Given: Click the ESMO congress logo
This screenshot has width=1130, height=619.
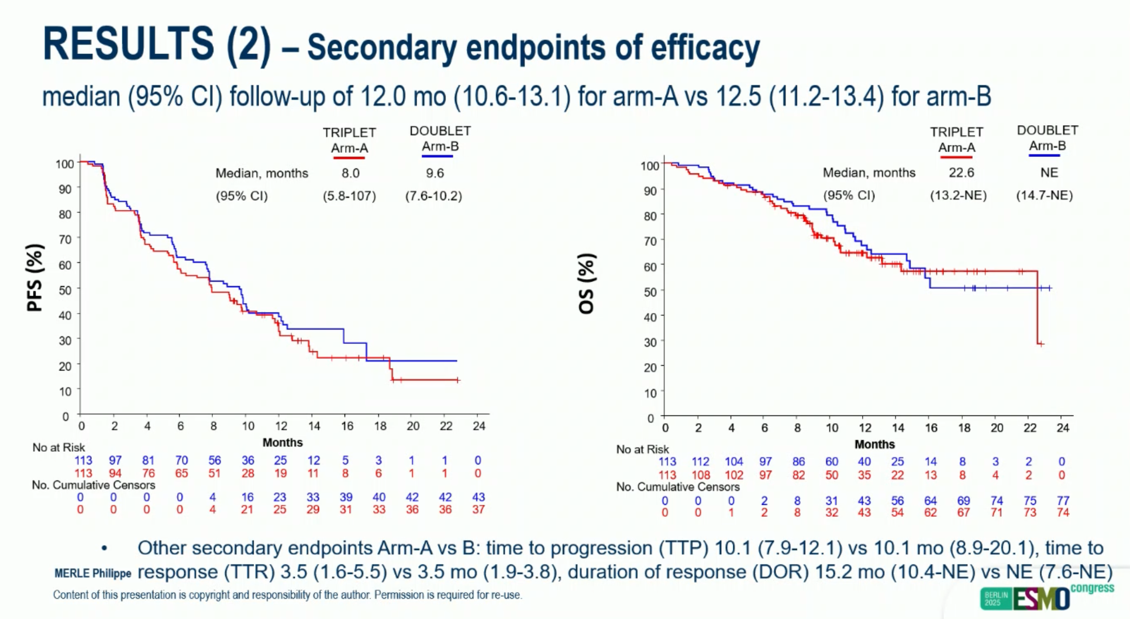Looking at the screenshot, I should (x=1047, y=597).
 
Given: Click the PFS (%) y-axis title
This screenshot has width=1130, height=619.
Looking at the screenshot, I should (x=35, y=278).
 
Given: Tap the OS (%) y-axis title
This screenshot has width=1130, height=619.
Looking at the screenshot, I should (x=586, y=284).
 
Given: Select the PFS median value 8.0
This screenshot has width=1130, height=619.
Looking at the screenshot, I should (x=350, y=173).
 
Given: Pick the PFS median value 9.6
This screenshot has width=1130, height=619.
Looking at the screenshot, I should (x=435, y=173).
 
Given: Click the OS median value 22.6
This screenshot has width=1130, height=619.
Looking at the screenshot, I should (x=961, y=173).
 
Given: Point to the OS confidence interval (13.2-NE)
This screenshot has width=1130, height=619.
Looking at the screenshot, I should (x=958, y=195).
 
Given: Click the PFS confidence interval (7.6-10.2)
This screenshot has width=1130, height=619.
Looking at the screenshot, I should (x=433, y=196).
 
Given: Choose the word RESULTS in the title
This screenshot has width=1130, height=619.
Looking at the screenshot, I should (x=129, y=44).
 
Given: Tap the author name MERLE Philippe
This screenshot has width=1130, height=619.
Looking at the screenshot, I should (x=92, y=573).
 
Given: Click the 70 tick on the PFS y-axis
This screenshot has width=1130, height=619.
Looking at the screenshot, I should (x=65, y=239).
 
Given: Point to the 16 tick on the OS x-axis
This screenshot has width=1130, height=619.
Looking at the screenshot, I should (x=931, y=428).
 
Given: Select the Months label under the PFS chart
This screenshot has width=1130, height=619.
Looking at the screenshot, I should (x=282, y=443).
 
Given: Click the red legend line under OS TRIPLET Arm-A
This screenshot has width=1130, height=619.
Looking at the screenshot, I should (x=956, y=157).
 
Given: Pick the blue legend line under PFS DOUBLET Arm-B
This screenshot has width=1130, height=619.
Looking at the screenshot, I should (x=437, y=156).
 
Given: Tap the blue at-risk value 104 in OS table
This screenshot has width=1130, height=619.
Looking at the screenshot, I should (x=733, y=462).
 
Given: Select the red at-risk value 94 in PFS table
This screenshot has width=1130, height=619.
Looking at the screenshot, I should (x=115, y=473).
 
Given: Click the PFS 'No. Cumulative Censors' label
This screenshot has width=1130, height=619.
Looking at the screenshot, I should (x=94, y=485).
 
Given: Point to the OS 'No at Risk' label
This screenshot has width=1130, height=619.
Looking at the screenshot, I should (x=642, y=449).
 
